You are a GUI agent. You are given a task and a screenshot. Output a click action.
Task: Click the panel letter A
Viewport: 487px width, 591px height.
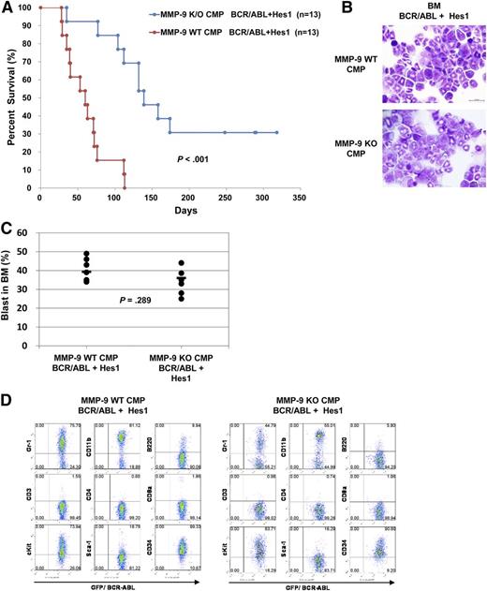[7, 7]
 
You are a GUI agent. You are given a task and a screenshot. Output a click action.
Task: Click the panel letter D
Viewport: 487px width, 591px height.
[7, 400]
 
